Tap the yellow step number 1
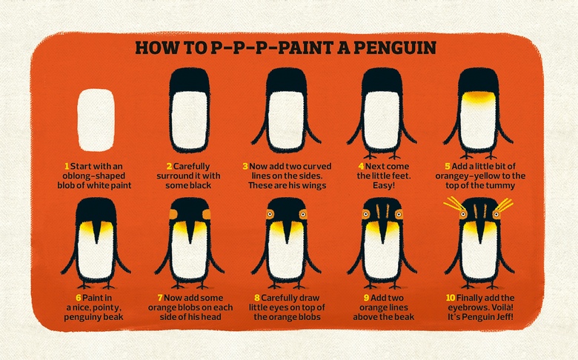click(67, 167)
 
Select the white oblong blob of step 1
click(96, 120)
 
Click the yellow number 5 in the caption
click(447, 167)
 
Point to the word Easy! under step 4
click(384, 185)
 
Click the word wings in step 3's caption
click(313, 186)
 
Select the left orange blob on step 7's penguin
click(173, 214)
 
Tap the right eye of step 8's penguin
click(303, 214)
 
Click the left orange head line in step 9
click(378, 211)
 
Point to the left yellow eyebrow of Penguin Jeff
click(454, 204)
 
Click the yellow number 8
click(257, 298)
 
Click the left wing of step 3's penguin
click(260, 129)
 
